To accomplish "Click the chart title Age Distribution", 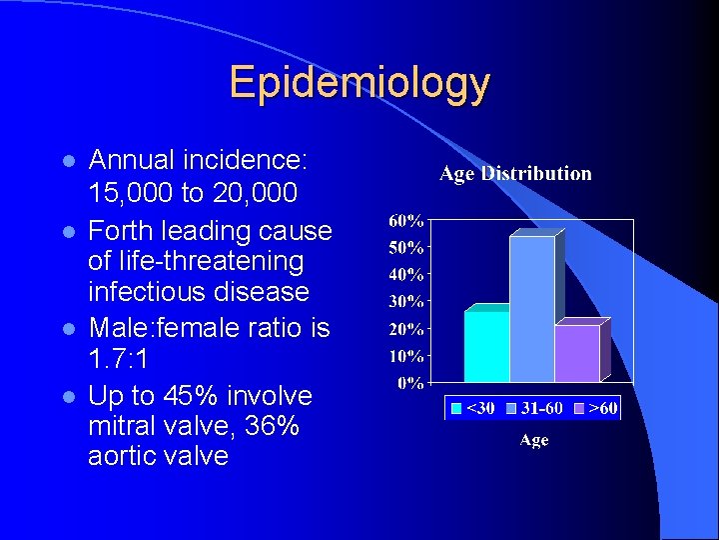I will pyautogui.click(x=515, y=174).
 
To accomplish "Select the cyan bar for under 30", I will pyautogui.click(x=485, y=346).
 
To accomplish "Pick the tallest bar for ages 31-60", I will pyautogui.click(x=532, y=309).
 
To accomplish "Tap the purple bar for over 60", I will pyautogui.click(x=576, y=352).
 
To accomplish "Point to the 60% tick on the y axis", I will pyautogui.click(x=404, y=220).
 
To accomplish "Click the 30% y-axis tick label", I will pyautogui.click(x=404, y=301).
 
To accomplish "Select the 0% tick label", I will pyautogui.click(x=409, y=383).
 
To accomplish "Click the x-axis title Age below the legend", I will pyautogui.click(x=533, y=441).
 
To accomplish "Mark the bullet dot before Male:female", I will pyautogui.click(x=68, y=328).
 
